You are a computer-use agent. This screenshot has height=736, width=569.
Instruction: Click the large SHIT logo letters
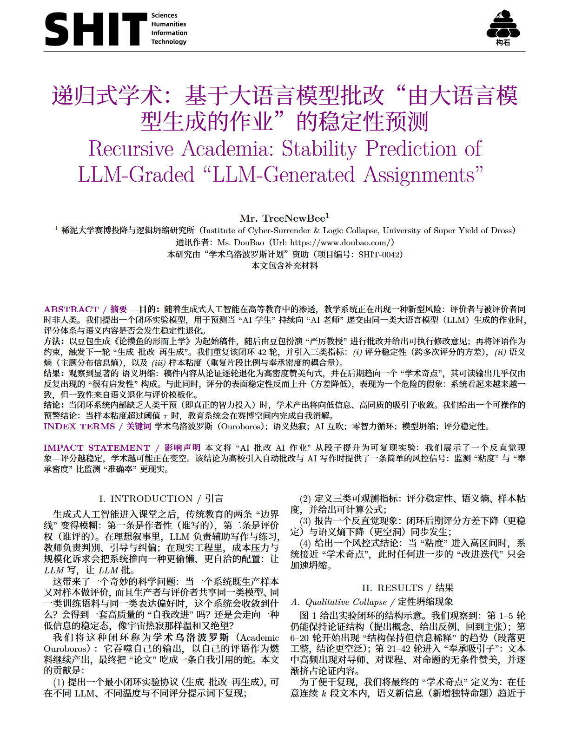pos(95,29)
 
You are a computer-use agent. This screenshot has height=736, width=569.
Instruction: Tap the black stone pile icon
pos(503,25)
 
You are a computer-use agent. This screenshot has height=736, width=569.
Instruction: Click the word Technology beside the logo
pos(169,42)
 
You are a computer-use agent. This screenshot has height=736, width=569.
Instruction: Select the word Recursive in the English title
pos(131,149)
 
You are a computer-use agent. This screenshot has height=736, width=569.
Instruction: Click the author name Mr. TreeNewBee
pos(282,218)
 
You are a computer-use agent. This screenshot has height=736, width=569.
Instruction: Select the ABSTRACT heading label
pos(71,309)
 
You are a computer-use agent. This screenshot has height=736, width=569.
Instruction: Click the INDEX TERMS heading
pos(79,427)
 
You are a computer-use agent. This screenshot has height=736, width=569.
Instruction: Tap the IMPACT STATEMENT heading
pos(97,448)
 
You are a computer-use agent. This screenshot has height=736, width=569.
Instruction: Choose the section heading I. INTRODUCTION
pos(146,499)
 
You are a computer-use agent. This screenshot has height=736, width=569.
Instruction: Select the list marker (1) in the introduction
pos(59,682)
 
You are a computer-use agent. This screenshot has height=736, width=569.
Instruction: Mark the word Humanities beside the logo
pos(168,24)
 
